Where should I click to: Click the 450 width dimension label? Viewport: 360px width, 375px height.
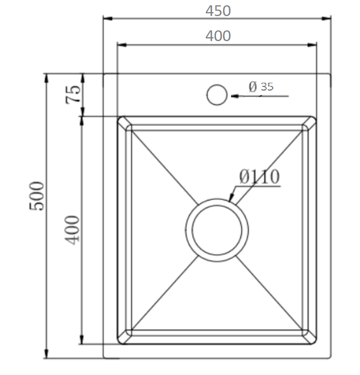click(x=218, y=11)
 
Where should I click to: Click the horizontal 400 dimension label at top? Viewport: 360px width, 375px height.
click(x=218, y=36)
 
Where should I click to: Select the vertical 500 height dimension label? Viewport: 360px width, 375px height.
click(x=37, y=196)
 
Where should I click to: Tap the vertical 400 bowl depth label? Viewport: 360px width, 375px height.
click(x=73, y=229)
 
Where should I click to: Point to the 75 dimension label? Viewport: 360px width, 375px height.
click(x=74, y=94)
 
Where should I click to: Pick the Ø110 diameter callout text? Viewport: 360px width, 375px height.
click(x=259, y=177)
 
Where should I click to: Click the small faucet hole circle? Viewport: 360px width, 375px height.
click(x=217, y=94)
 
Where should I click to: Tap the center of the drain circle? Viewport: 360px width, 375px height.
click(x=217, y=230)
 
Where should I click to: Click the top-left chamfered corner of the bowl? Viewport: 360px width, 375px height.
click(x=124, y=122)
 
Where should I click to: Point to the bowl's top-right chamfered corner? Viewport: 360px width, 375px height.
click(x=309, y=122)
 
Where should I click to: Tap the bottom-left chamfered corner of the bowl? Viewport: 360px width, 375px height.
click(x=124, y=337)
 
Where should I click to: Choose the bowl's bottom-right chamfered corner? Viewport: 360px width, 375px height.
click(x=309, y=337)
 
